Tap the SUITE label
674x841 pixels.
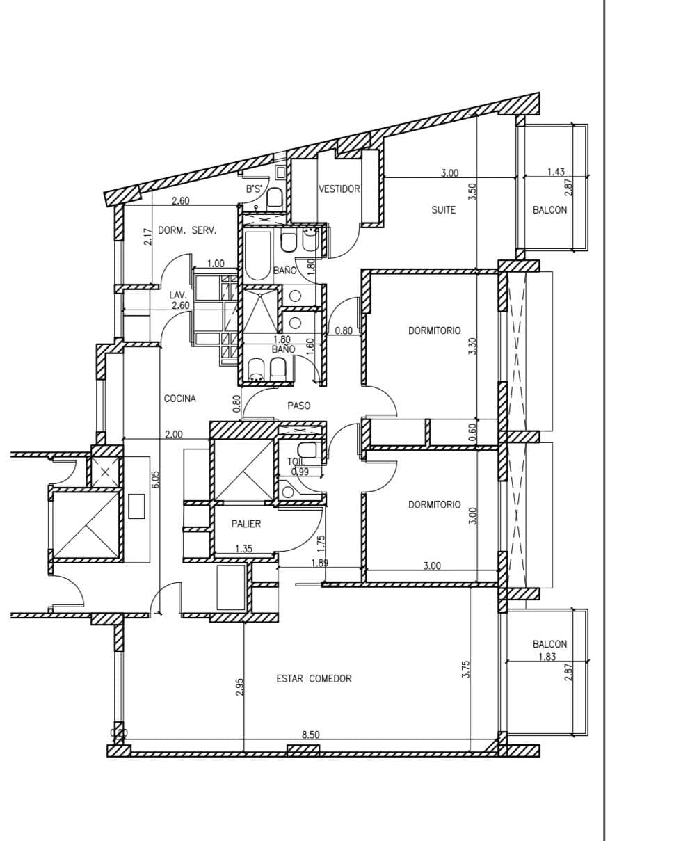click(444, 210)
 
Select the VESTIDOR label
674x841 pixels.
click(339, 189)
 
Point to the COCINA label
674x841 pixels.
click(179, 399)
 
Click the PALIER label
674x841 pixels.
click(246, 524)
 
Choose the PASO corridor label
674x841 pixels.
click(299, 406)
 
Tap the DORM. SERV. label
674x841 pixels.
click(187, 230)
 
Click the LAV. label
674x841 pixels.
click(178, 296)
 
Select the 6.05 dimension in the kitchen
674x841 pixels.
click(156, 479)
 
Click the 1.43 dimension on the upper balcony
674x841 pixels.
click(556, 172)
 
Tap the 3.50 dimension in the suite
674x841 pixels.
click(473, 191)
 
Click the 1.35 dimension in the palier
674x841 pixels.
click(244, 549)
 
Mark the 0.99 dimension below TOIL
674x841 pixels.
click(300, 472)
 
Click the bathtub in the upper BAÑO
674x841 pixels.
click(257, 255)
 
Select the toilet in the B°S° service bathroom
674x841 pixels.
click(274, 198)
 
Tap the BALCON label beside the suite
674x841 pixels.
click(549, 210)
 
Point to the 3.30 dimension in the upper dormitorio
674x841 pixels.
click(472, 346)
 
